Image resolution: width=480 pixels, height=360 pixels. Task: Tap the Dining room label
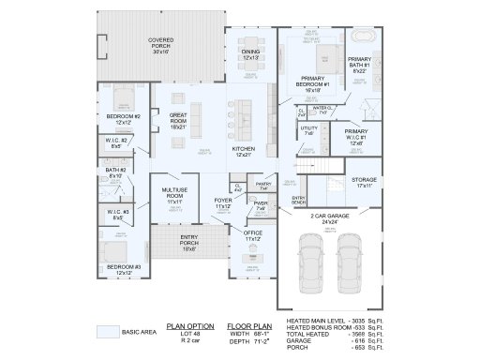point(250,54)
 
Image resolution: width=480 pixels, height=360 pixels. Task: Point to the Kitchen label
point(243,151)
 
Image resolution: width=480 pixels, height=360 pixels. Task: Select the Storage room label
point(364,181)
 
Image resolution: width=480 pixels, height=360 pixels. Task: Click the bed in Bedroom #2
point(124,98)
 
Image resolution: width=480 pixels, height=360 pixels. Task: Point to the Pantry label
point(262,186)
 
